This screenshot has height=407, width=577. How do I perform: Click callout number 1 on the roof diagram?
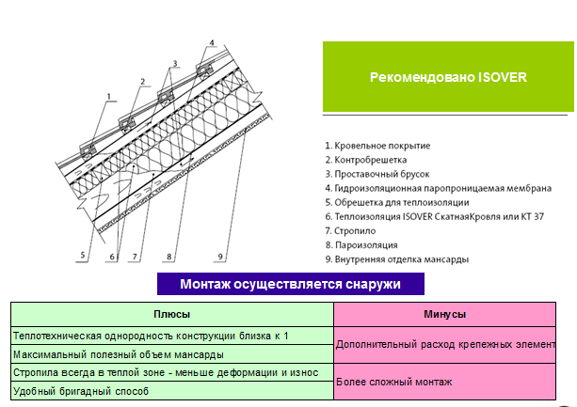pyautogui.click(x=108, y=97)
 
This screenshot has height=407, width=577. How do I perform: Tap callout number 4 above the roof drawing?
pyautogui.click(x=212, y=43)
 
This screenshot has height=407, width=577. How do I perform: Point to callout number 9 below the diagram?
pyautogui.click(x=220, y=257)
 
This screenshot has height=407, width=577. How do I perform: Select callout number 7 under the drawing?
pyautogui.click(x=135, y=257)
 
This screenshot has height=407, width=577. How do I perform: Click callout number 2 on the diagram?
pyautogui.click(x=143, y=82)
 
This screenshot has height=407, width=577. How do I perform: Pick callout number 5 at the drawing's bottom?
pyautogui.click(x=83, y=255)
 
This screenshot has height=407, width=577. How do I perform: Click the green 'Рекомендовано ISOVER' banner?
pyautogui.click(x=448, y=76)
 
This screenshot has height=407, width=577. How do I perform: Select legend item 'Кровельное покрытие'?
pyautogui.click(x=377, y=146)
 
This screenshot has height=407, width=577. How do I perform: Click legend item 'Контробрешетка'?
pyautogui.click(x=366, y=160)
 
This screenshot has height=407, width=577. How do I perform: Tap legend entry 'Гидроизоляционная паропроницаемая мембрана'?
pyautogui.click(x=439, y=188)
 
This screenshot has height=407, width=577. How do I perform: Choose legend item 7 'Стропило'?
pyautogui.click(x=350, y=231)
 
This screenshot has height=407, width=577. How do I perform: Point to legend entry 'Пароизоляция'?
pyautogui.click(x=361, y=245)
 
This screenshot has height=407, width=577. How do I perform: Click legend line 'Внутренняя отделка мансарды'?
pyautogui.click(x=396, y=259)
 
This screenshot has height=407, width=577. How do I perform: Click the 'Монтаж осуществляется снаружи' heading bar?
pyautogui.click(x=291, y=284)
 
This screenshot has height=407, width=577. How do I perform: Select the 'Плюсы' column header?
pyautogui.click(x=172, y=314)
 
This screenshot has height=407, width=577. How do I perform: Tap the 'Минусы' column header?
pyautogui.click(x=444, y=314)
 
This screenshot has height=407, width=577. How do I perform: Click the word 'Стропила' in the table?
pyautogui.click(x=28, y=372)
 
